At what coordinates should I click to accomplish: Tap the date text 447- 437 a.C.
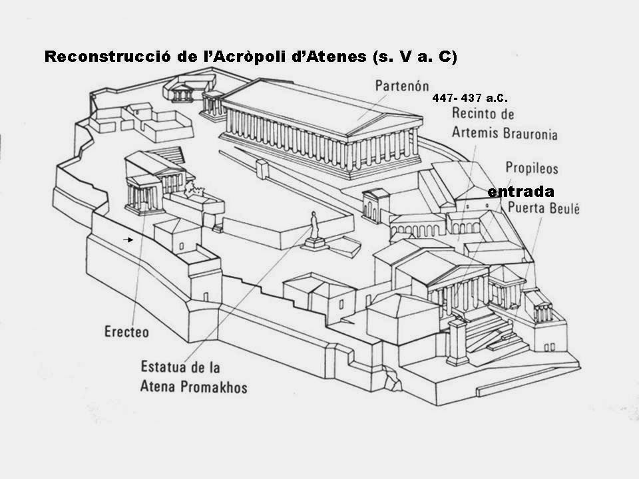pos(471,98)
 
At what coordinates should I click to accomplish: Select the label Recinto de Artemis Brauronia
pos(504,124)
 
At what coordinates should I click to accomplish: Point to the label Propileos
pos(531,168)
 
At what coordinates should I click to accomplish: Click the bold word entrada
pos(521,192)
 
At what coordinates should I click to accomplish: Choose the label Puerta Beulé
pos(544,208)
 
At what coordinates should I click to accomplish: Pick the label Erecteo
pos(126,331)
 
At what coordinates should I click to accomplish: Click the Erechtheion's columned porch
pos(144,196)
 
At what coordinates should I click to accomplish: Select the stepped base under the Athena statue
pos(315,243)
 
